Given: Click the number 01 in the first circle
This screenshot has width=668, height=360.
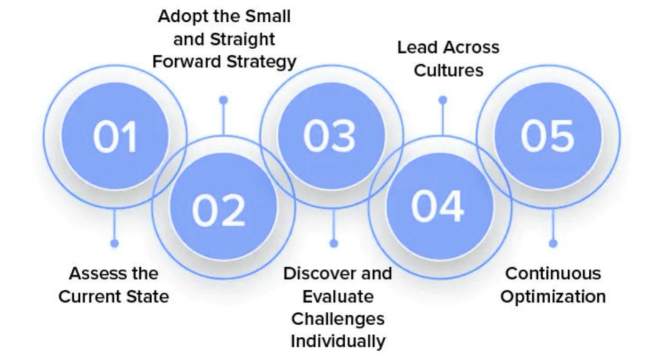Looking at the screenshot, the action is click(115, 136).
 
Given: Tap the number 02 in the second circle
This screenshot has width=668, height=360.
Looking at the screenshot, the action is click(219, 211).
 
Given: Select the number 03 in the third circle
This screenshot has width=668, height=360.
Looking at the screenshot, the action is click(329, 136).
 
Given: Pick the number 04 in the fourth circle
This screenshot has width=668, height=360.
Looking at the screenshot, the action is click(437, 206).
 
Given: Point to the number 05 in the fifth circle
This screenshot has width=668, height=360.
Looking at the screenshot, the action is click(548, 136).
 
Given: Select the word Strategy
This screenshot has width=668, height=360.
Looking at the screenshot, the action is click(261, 62).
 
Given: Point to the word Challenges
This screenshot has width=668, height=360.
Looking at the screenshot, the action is click(338, 319).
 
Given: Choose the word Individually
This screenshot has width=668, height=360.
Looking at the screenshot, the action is click(338, 342).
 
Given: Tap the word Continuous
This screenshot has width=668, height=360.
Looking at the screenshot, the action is click(553, 273).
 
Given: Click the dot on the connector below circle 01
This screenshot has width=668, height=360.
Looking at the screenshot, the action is click(114, 244).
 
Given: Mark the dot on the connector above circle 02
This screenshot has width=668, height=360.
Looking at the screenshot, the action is click(223, 100).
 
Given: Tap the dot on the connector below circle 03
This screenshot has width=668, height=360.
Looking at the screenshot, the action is click(333, 244).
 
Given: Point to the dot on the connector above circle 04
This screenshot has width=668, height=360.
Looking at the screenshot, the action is click(442, 100).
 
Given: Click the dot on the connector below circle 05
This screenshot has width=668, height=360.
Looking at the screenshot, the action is click(553, 244).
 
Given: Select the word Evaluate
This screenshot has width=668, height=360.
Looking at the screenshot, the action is click(338, 296).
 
